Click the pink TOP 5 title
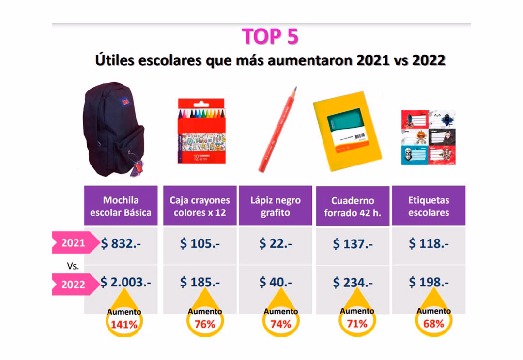pyautogui.click(x=270, y=36)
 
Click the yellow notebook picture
pyautogui.click(x=347, y=131)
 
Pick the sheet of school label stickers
pyautogui.click(x=428, y=137)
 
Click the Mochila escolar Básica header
pyautogui.click(x=121, y=206)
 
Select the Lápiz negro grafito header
pyautogui.click(x=275, y=206)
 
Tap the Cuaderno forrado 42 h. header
pyautogui.click(x=353, y=207)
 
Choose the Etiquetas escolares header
pyautogui.click(x=429, y=206)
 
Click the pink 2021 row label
pyautogui.click(x=73, y=243)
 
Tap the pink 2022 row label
pyautogui.click(x=73, y=285)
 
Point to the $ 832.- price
pyautogui.click(x=121, y=244)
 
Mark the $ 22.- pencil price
pyautogui.click(x=275, y=244)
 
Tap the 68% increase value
pyautogui.click(x=433, y=323)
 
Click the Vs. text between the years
pyautogui.click(x=73, y=266)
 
